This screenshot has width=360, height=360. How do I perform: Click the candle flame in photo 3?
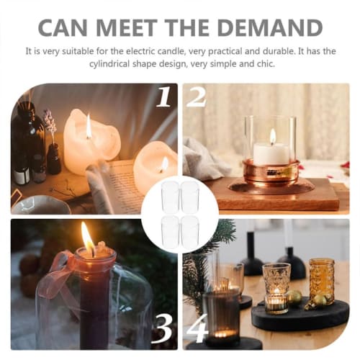[88, 238]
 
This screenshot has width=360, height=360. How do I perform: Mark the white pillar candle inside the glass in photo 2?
[271, 153]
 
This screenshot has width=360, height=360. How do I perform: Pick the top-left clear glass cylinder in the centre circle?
[171, 196]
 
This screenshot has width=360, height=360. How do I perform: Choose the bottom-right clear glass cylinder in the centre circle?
[189, 232]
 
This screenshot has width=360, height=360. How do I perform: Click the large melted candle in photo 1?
[90, 140]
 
